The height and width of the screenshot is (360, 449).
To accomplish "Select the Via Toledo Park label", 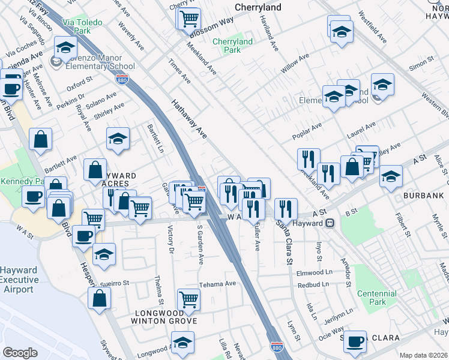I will [x=82, y=26].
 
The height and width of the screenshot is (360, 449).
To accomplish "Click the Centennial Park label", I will [x=376, y=298].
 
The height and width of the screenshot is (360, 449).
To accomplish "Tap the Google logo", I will [x=20, y=353].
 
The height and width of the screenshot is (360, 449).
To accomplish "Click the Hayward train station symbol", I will [x=330, y=223].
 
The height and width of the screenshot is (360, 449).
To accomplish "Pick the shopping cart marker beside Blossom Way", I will [x=189, y=18].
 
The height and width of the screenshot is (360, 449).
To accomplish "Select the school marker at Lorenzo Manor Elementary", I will [x=65, y=47].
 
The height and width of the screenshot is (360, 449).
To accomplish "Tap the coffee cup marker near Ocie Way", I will [x=355, y=341].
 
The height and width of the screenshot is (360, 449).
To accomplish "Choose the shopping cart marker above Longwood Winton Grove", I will [x=188, y=299].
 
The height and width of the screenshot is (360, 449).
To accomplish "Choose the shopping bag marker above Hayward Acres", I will [x=95, y=170].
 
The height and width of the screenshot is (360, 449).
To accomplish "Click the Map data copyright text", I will [x=423, y=355].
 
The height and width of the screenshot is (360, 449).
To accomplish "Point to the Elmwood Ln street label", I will [x=315, y=272].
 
